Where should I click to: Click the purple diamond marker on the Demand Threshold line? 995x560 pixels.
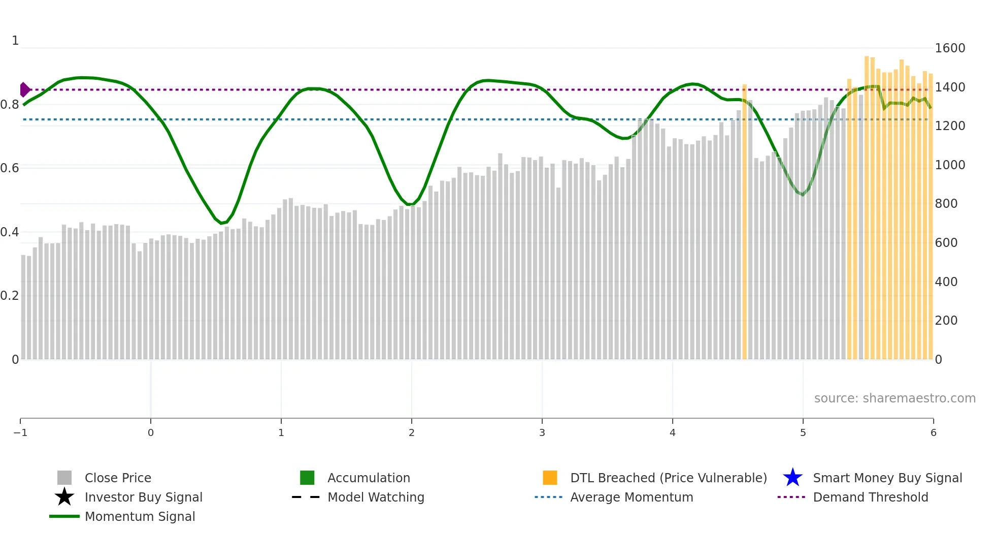pyautogui.click(x=24, y=89)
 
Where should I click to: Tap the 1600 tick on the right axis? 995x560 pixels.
pyautogui.click(x=950, y=48)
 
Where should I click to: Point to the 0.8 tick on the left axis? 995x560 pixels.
pyautogui.click(x=10, y=105)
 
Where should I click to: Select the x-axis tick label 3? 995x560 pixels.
pyautogui.click(x=542, y=433)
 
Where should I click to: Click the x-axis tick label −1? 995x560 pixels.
pyautogui.click(x=20, y=433)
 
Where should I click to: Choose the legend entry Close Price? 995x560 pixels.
pyautogui.click(x=118, y=478)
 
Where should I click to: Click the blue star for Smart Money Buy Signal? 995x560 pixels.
pyautogui.click(x=792, y=478)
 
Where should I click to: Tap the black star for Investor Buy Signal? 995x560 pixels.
pyautogui.click(x=64, y=497)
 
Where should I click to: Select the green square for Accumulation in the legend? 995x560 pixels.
pyautogui.click(x=307, y=478)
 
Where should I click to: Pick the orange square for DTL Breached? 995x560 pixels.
pyautogui.click(x=550, y=478)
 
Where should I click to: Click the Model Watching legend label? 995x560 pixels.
pyautogui.click(x=376, y=497)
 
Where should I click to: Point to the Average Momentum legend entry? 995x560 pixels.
pyautogui.click(x=632, y=497)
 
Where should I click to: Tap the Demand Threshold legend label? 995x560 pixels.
pyautogui.click(x=870, y=497)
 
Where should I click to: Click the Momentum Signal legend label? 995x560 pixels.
pyautogui.click(x=140, y=516)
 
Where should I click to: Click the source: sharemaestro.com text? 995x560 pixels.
pyautogui.click(x=894, y=398)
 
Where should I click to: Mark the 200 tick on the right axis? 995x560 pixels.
pyautogui.click(x=946, y=321)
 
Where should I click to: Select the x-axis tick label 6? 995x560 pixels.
pyautogui.click(x=933, y=433)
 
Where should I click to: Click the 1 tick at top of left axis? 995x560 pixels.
pyautogui.click(x=15, y=41)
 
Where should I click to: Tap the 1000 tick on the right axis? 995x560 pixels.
pyautogui.click(x=950, y=165)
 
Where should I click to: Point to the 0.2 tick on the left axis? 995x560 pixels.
pyautogui.click(x=10, y=296)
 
